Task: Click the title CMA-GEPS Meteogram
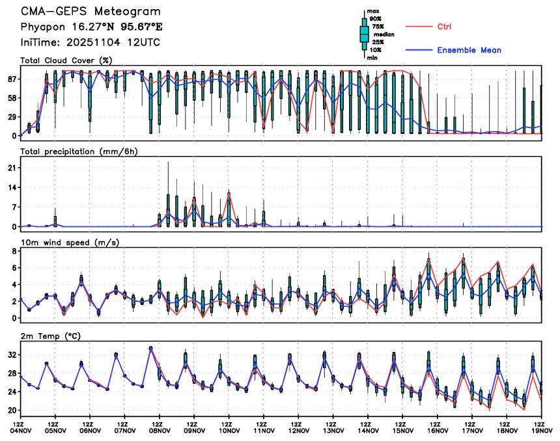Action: (91, 12)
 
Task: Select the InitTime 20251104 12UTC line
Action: (91, 43)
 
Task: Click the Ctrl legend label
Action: (445, 27)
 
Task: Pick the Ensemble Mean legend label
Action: (469, 50)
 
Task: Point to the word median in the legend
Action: (384, 34)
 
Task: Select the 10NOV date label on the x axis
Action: (229, 430)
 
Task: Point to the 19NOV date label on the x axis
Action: (542, 430)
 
